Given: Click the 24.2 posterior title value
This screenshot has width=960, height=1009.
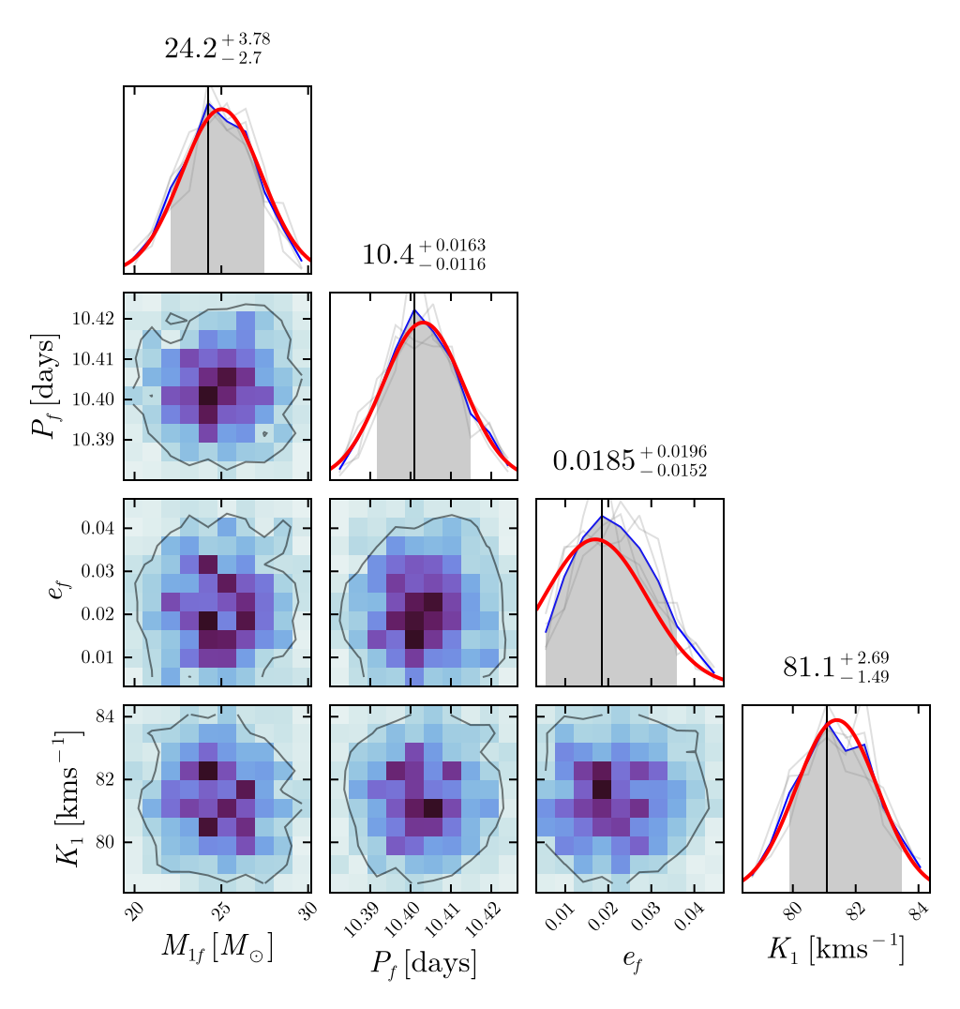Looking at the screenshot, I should pyautogui.click(x=217, y=48).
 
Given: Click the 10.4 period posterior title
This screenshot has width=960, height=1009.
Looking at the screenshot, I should pyautogui.click(x=423, y=254).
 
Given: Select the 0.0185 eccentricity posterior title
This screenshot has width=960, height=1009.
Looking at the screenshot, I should pyautogui.click(x=629, y=460).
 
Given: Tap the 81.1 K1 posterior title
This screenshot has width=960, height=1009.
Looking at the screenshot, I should pyautogui.click(x=835, y=667).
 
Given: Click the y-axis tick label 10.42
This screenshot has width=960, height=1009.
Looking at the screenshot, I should pyautogui.click(x=94, y=319).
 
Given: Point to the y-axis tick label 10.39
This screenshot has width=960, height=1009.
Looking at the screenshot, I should pyautogui.click(x=94, y=440).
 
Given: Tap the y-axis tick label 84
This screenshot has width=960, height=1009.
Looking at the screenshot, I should pyautogui.click(x=104, y=717).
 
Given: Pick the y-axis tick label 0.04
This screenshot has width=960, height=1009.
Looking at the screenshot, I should pyautogui.click(x=97, y=528).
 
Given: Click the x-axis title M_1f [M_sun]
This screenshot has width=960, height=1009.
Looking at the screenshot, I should pyautogui.click(x=217, y=948).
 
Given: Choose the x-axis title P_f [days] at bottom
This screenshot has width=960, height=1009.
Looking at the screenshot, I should pyautogui.click(x=423, y=963).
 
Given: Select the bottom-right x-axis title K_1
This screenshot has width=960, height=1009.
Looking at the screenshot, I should pyautogui.click(x=835, y=948).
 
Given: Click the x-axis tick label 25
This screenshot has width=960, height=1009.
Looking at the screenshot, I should pyautogui.click(x=221, y=911).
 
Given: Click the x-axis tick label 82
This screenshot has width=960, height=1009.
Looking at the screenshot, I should pyautogui.click(x=855, y=911).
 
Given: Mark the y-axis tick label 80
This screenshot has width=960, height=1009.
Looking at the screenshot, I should pyautogui.click(x=104, y=842).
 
